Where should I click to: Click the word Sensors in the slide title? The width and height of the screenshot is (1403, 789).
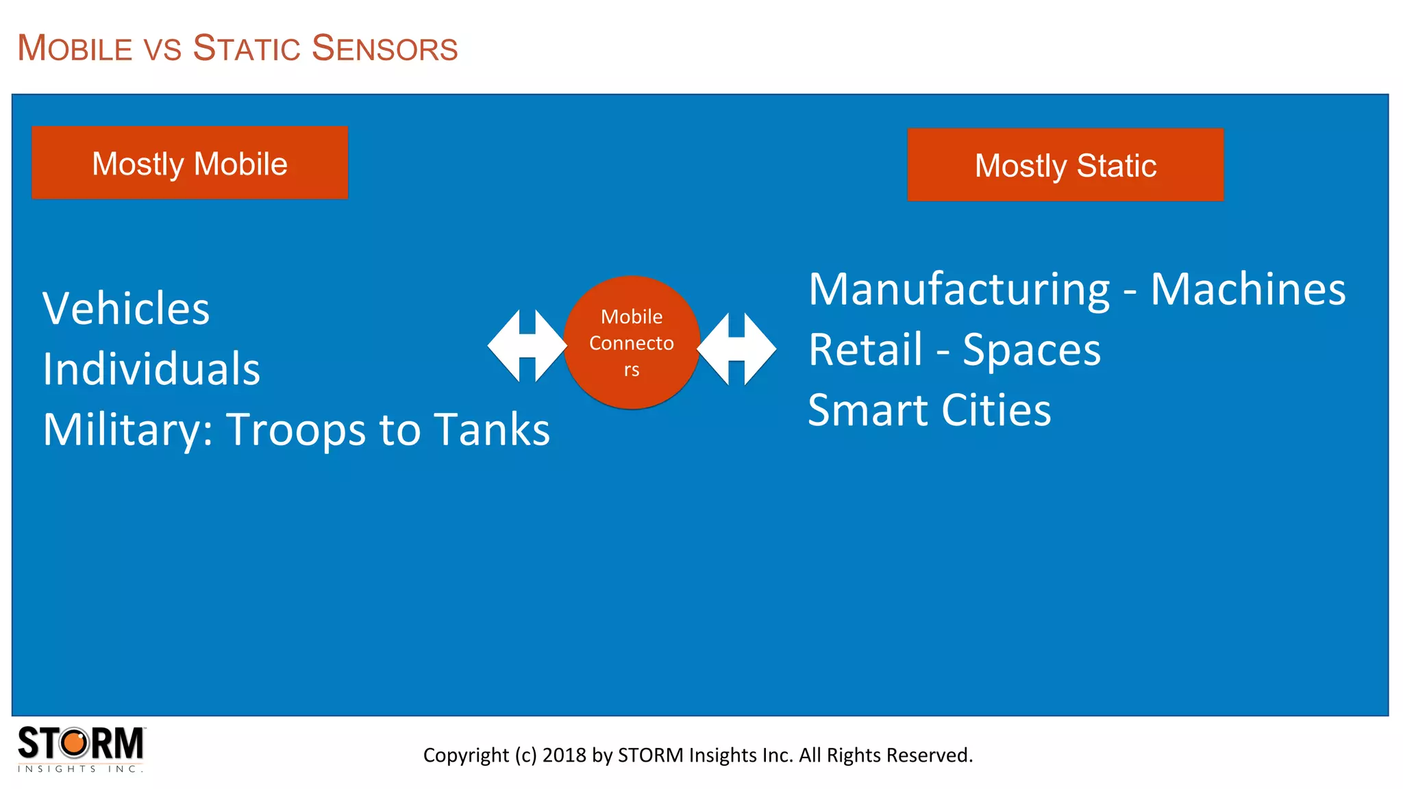(384, 49)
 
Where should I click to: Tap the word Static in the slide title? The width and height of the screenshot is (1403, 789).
(247, 49)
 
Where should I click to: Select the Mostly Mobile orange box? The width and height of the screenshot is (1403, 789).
(190, 163)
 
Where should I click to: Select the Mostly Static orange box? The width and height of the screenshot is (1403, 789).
(1065, 165)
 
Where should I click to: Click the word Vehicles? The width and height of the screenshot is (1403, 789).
(126, 309)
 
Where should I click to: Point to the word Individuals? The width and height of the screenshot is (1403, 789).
(151, 369)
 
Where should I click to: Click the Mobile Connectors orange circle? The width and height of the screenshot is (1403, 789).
(631, 342)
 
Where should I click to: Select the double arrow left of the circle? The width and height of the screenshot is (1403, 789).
(527, 346)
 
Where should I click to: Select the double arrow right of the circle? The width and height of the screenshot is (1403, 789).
(736, 349)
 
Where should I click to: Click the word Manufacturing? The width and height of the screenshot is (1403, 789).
(959, 290)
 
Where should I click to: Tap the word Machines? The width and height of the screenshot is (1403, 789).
(1247, 290)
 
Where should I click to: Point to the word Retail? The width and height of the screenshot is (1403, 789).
(866, 350)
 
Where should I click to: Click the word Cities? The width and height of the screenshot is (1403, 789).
(996, 410)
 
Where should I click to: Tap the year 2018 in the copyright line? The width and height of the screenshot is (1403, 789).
(564, 755)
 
